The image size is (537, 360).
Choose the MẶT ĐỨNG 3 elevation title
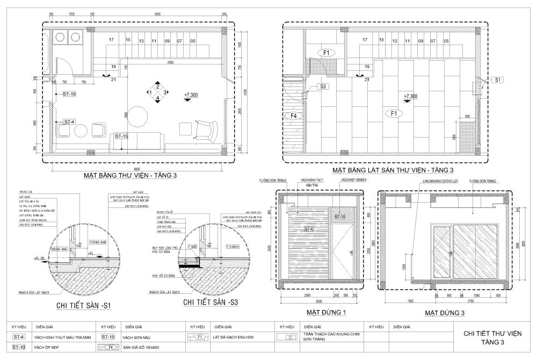444,312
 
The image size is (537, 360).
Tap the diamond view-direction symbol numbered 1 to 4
157,92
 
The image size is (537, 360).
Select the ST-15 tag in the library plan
121,136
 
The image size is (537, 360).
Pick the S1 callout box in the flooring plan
497,80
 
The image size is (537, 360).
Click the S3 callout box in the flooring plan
323,87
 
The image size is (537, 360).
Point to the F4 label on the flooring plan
293,115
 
